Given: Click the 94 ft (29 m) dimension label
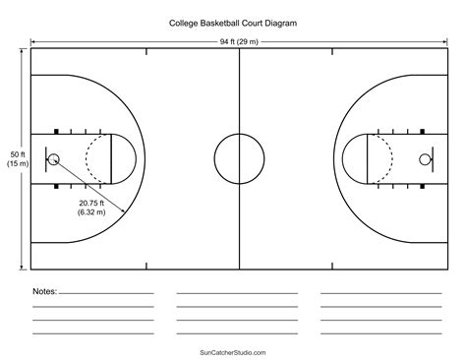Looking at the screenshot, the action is pos(239,41).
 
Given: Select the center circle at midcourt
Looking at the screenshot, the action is pos(239,158).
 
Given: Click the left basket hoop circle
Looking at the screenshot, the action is pos(53,158).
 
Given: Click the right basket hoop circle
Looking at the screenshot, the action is pos(425,158).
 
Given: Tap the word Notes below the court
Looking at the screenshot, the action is pos(44,292).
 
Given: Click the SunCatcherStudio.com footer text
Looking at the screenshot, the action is pos(233,350).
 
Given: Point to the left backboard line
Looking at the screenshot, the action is pos(45,158).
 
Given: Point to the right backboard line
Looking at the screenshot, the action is pos(433,158).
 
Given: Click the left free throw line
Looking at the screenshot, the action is pos(110,158).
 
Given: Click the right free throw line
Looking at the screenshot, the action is pos(368,158).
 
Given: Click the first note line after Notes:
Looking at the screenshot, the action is pos(106,293).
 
